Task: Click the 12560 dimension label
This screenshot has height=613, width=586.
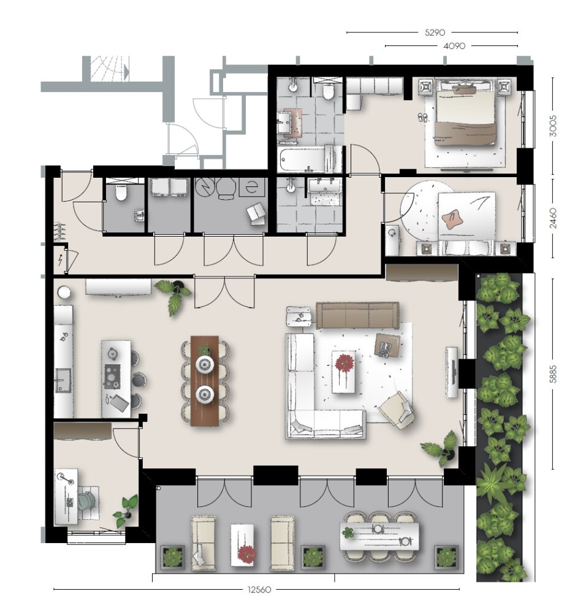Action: [x=259, y=589]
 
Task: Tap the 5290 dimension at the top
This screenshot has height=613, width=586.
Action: [x=435, y=32]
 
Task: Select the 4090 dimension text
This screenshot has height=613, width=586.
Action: [x=454, y=46]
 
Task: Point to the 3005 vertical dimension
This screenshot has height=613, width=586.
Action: [x=552, y=126]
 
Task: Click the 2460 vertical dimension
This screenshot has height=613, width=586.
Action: [x=552, y=218]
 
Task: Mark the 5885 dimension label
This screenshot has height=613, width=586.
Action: [x=552, y=374]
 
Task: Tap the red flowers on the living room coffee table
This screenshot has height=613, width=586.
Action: [x=344, y=363]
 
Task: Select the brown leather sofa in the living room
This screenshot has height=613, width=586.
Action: [x=357, y=315]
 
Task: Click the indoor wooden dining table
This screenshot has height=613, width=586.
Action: [x=205, y=381]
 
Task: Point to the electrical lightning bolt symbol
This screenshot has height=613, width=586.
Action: [x=61, y=260]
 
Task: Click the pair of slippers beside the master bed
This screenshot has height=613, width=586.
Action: [x=422, y=117]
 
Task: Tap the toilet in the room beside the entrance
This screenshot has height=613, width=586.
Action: [x=121, y=192]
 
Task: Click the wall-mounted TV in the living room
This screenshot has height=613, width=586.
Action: [x=452, y=372]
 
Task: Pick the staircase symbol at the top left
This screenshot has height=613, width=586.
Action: [x=110, y=69]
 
